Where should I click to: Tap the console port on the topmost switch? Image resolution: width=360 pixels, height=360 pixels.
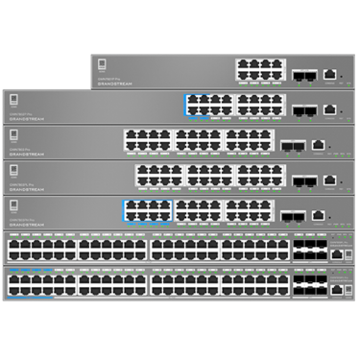coord(330,74)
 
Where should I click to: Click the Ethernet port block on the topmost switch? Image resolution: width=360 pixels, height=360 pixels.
coord(259,69)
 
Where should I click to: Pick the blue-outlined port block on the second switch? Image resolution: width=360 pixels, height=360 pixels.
coord(208,105)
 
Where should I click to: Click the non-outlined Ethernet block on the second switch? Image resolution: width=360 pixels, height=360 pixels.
coord(260,105)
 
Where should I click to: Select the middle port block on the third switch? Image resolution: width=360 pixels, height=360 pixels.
coord(199,141)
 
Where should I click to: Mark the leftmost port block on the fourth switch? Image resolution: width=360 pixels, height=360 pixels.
coord(158,176)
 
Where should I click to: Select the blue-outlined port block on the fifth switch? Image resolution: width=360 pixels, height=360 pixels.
coord(147,210)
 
